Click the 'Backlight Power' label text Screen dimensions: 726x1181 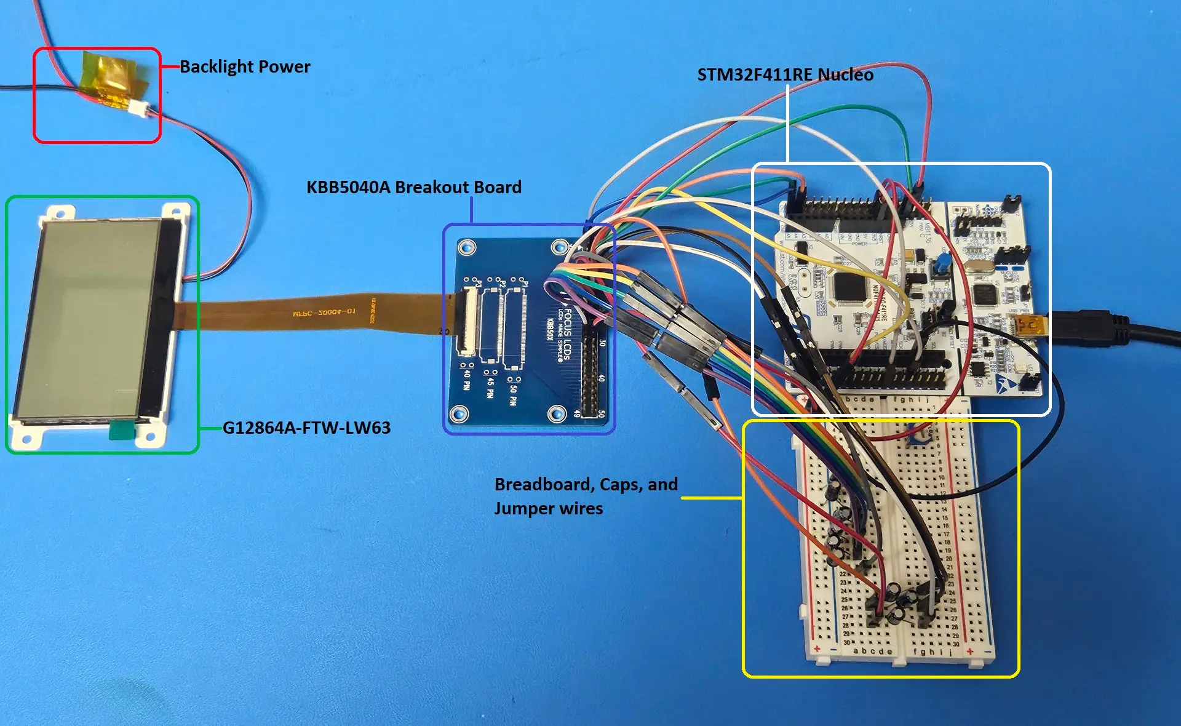245,66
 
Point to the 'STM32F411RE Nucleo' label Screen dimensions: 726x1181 785,74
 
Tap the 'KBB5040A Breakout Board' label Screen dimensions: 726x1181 413,187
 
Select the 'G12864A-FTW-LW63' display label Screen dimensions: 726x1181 306,428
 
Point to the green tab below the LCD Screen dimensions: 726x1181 121,430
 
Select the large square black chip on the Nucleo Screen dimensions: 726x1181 848,287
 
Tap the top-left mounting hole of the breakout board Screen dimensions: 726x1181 466,248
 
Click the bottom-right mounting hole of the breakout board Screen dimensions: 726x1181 557,413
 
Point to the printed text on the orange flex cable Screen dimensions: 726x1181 324,313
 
